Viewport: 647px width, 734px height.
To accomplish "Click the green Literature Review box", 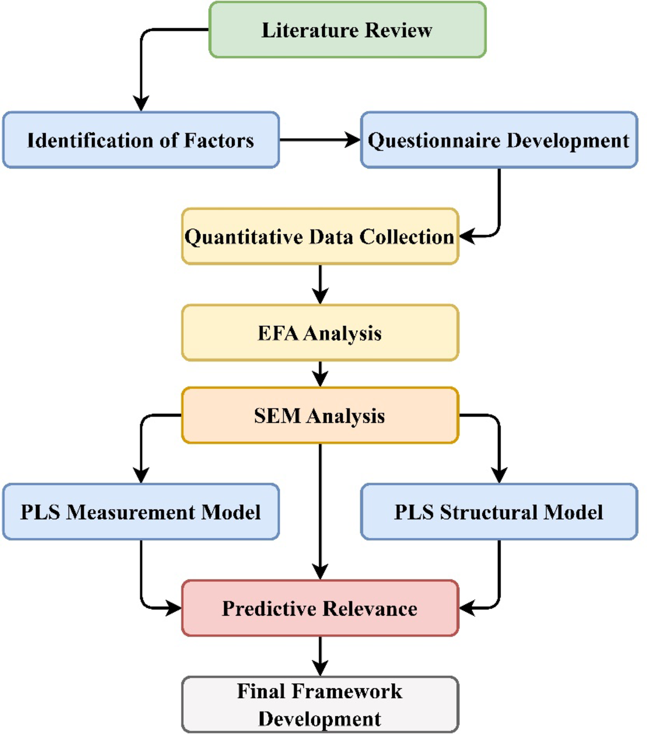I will coord(347,30).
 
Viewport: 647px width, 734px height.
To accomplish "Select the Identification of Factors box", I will coord(140,140).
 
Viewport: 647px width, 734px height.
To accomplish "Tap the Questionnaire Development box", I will coord(499,140).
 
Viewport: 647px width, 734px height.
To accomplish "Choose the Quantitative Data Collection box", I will coord(320,236).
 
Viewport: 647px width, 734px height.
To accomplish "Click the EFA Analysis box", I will coord(320,333).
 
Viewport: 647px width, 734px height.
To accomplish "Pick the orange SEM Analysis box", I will coord(320,416).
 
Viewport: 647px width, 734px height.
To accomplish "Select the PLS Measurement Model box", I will coord(140,512).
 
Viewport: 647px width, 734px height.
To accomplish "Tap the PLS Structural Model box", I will coord(499,512).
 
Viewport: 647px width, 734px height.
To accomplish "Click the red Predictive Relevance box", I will coord(320,608).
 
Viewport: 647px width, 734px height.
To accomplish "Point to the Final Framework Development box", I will coord(320,704).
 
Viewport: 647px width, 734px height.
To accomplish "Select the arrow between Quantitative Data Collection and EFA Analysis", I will coord(320,284).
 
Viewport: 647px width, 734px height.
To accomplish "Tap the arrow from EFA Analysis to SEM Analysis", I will coord(320,374).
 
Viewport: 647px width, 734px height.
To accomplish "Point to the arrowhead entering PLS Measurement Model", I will coord(141,475).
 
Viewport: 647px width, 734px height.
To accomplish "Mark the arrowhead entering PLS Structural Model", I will coord(499,475).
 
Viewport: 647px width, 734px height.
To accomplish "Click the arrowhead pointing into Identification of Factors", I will coord(141,103).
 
